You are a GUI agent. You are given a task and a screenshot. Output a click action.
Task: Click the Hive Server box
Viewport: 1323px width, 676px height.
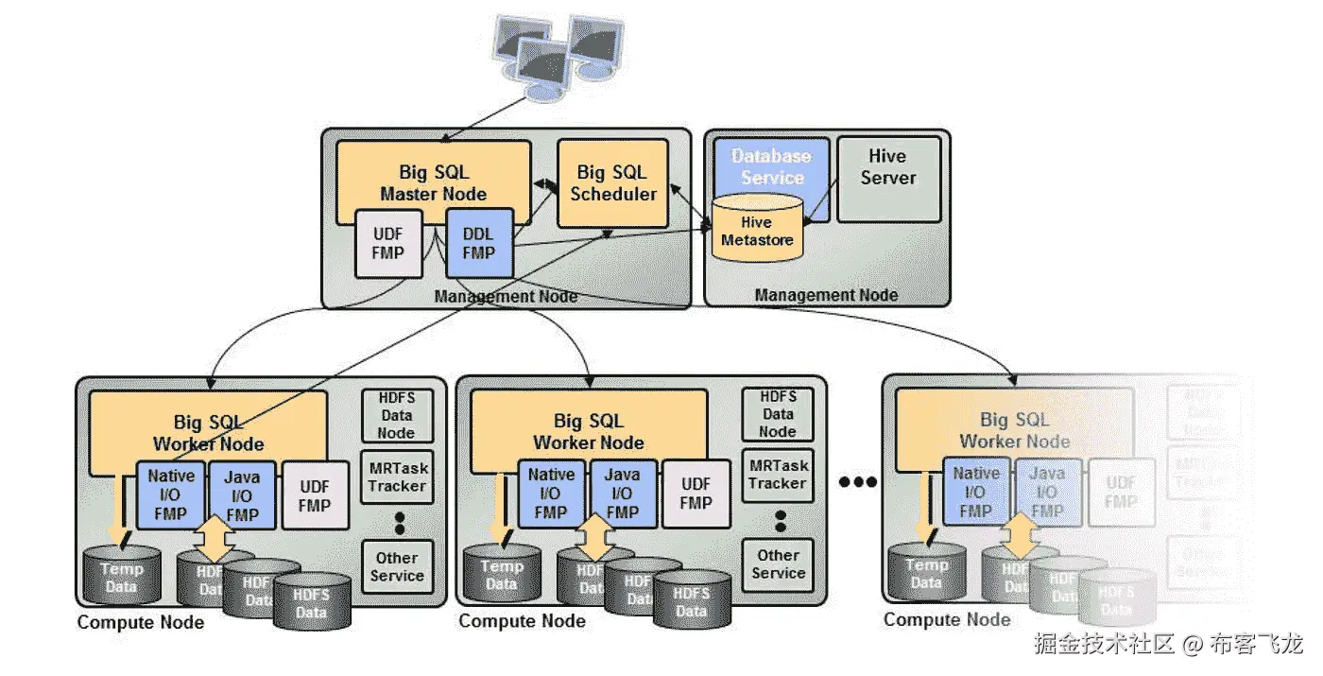click(888, 168)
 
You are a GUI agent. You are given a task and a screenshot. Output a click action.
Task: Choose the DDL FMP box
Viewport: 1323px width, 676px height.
click(478, 242)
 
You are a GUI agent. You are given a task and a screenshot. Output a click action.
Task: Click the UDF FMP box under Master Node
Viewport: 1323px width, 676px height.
click(387, 243)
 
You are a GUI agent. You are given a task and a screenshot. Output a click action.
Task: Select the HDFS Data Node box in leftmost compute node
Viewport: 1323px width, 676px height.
click(397, 415)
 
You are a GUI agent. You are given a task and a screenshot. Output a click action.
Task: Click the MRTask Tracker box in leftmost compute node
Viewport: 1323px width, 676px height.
click(397, 477)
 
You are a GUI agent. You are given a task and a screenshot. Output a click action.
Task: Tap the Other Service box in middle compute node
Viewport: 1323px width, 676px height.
click(779, 564)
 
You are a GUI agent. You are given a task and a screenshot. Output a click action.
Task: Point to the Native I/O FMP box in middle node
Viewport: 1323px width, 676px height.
click(551, 494)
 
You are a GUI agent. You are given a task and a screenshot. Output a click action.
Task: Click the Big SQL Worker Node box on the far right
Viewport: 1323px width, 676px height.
click(1014, 430)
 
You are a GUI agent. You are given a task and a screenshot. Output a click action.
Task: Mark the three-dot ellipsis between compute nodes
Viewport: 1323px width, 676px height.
click(858, 482)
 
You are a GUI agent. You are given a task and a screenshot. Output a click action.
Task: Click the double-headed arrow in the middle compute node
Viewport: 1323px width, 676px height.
click(594, 537)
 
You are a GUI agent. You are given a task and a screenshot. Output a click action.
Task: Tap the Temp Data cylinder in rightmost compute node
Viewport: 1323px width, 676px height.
click(926, 573)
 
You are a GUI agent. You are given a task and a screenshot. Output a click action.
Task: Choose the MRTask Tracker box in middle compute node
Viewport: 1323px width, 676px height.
click(779, 475)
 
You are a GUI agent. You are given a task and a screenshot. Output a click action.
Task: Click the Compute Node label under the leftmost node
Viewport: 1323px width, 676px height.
click(141, 622)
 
